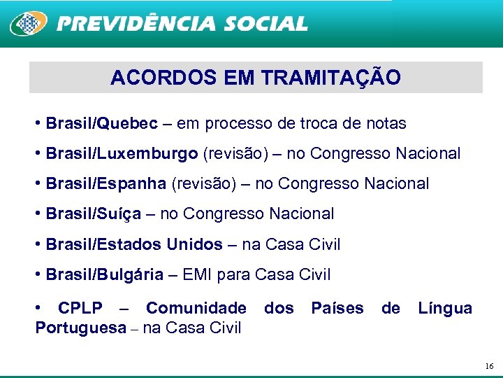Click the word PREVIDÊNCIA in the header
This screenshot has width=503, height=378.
(x=137, y=24)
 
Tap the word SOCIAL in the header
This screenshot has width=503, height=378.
(x=265, y=24)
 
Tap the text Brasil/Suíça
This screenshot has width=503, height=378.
(x=93, y=213)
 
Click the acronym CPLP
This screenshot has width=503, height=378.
(x=80, y=308)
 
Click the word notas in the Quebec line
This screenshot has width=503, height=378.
(x=386, y=124)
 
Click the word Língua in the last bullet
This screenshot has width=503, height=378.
(x=445, y=308)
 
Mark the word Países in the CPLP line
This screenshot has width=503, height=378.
(x=337, y=308)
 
